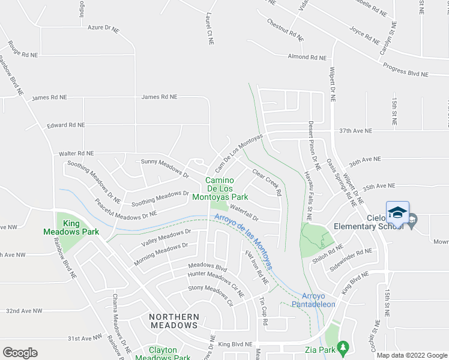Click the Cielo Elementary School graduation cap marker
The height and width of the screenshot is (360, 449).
click(397, 214)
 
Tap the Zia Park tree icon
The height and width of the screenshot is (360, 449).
click(343, 347)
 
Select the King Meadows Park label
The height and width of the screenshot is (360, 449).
click(71, 227)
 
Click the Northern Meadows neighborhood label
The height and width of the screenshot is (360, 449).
click(173, 320)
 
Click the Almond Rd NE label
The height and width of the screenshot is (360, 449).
click(307, 58)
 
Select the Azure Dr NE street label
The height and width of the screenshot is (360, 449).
click(104, 28)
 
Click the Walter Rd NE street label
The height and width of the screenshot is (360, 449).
click(76, 154)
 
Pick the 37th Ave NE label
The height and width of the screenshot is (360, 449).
click(355, 131)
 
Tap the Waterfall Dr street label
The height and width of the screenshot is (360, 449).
click(243, 214)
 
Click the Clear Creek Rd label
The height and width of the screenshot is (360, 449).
click(267, 182)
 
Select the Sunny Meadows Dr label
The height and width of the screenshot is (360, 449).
click(164, 169)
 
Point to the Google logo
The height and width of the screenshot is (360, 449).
click(20, 353)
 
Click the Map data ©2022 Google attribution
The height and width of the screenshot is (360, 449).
click(411, 355)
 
